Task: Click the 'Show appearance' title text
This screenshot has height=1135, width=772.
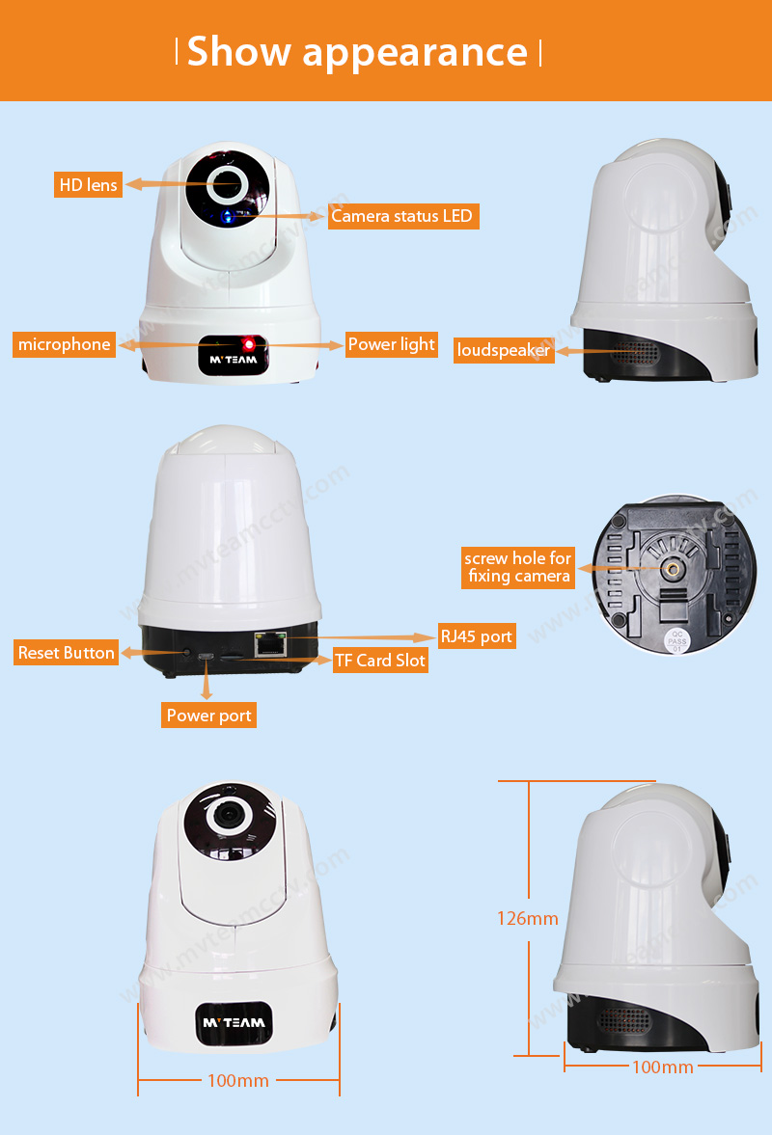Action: (357, 51)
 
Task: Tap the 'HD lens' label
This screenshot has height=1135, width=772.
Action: (88, 184)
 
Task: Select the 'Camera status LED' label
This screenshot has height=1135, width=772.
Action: (402, 216)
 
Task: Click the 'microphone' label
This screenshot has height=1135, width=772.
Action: (65, 344)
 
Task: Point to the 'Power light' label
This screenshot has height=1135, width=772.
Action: (392, 344)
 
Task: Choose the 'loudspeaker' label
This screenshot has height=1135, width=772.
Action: (504, 350)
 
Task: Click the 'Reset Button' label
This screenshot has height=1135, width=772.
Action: (67, 653)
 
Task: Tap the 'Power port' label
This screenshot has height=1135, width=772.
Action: (208, 716)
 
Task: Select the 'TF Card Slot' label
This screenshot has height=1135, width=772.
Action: (380, 661)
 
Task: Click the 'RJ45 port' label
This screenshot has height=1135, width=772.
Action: (477, 636)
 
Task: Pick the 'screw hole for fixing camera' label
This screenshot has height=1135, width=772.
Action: (518, 567)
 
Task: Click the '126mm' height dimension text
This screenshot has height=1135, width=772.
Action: (528, 918)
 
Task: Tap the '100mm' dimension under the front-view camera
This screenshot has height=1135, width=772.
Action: (238, 1080)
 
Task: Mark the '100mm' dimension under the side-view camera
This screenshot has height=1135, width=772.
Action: (662, 1067)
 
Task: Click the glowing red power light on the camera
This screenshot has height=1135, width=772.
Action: (249, 343)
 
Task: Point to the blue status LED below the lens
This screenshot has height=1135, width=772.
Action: (228, 215)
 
